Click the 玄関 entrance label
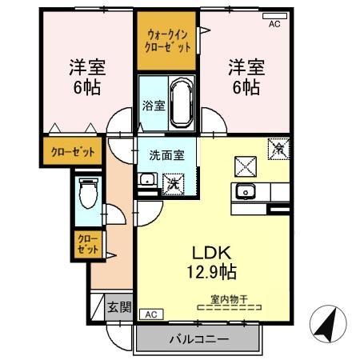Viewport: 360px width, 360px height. coord(120,307)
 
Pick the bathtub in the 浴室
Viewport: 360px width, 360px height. coord(179,102)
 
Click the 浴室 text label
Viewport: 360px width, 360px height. coord(153,105)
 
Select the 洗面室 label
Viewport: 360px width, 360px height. coord(166,154)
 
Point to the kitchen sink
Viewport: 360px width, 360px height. coord(244,192)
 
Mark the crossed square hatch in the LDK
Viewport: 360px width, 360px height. coord(243,166)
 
